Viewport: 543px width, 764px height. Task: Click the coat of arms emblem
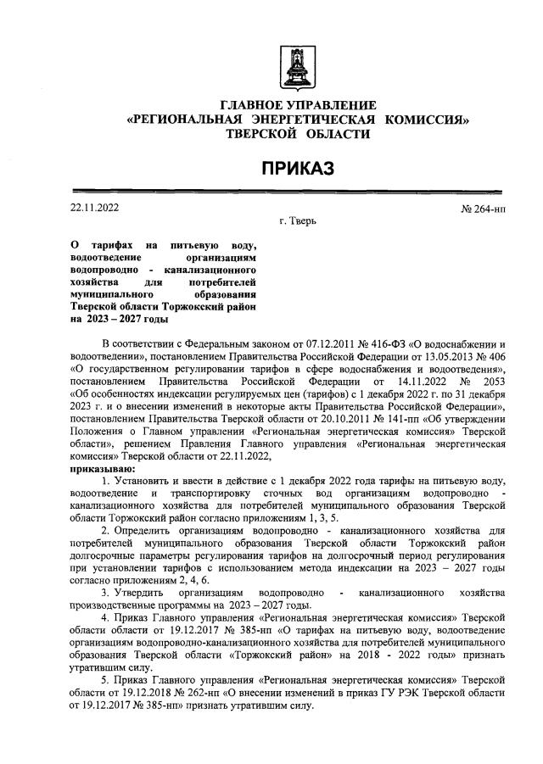pyautogui.click(x=298, y=64)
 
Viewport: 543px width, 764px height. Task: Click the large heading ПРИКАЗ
pyautogui.click(x=298, y=168)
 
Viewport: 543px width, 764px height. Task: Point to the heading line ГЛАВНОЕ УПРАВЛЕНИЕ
pyautogui.click(x=298, y=105)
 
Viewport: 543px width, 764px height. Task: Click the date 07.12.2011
pyautogui.click(x=286, y=343)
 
